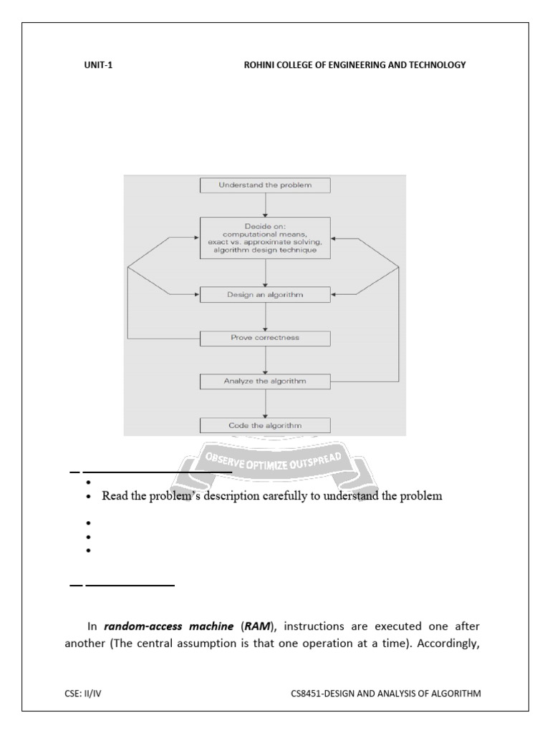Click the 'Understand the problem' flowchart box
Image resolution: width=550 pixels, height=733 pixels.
(x=265, y=185)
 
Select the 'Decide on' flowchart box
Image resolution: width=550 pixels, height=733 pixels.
(x=265, y=238)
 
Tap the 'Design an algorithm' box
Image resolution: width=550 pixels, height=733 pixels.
(x=265, y=293)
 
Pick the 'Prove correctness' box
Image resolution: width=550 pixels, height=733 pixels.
(x=265, y=337)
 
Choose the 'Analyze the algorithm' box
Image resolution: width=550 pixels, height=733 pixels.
(x=265, y=381)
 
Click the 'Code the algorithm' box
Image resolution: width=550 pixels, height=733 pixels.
(x=265, y=425)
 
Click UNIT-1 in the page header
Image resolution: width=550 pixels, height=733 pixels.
(x=98, y=65)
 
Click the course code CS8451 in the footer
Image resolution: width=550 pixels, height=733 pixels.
(x=309, y=693)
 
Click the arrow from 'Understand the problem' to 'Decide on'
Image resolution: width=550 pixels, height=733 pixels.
(x=265, y=205)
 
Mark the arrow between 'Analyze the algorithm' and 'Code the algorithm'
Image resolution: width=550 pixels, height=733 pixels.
(x=265, y=403)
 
